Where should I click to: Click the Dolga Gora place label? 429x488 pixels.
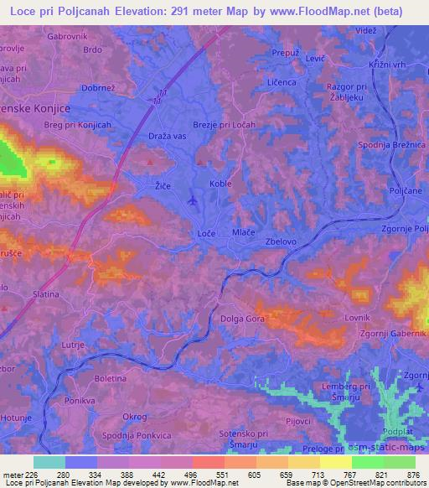(242, 318)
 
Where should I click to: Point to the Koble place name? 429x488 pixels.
(221, 183)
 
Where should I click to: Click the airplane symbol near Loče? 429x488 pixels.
(194, 200)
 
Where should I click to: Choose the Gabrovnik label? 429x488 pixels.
(68, 37)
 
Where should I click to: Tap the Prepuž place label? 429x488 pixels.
(286, 51)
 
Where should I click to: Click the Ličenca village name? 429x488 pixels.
(282, 82)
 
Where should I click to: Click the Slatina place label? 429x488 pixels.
(46, 294)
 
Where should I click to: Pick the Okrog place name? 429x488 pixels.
(134, 417)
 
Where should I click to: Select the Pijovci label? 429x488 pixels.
(299, 420)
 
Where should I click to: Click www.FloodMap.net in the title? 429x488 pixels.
(333, 11)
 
